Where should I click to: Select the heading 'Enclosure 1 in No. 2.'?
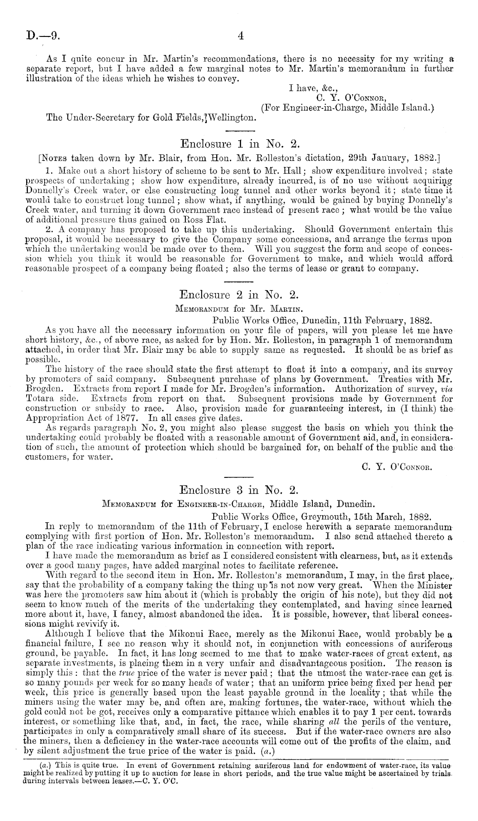pyautogui.click(x=239, y=142)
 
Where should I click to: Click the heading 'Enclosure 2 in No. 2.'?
pyautogui.click(x=238, y=295)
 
